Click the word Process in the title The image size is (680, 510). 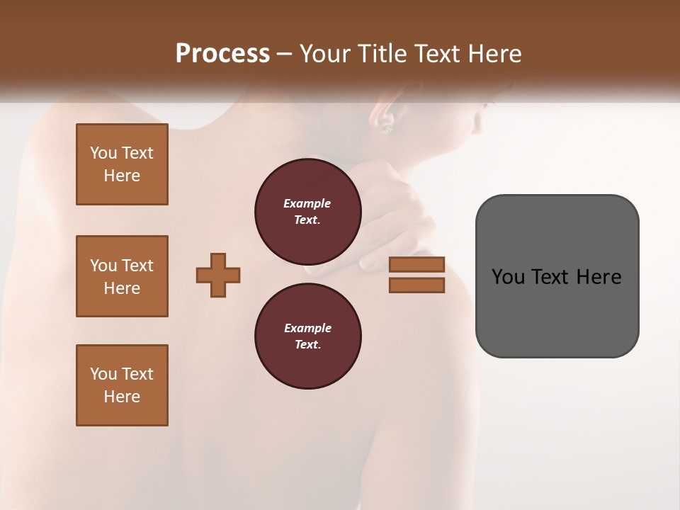pos(222,54)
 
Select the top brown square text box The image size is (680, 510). pos(122,164)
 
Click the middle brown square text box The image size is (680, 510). pos(122,276)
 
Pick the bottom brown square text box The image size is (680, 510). pos(122,385)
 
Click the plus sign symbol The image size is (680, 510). pos(218,275)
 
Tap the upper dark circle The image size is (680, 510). pos(308,212)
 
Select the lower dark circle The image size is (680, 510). pos(308,336)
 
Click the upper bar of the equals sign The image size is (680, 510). pos(416,265)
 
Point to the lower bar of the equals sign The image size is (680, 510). pos(416,285)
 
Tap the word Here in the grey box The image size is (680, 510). pos(599,277)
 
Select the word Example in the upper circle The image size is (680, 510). pos(307,203)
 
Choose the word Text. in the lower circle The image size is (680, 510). pos(307,345)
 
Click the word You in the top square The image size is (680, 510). pos(103,153)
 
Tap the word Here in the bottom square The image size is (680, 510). pos(122,397)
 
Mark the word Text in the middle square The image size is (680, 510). pos(137,266)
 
